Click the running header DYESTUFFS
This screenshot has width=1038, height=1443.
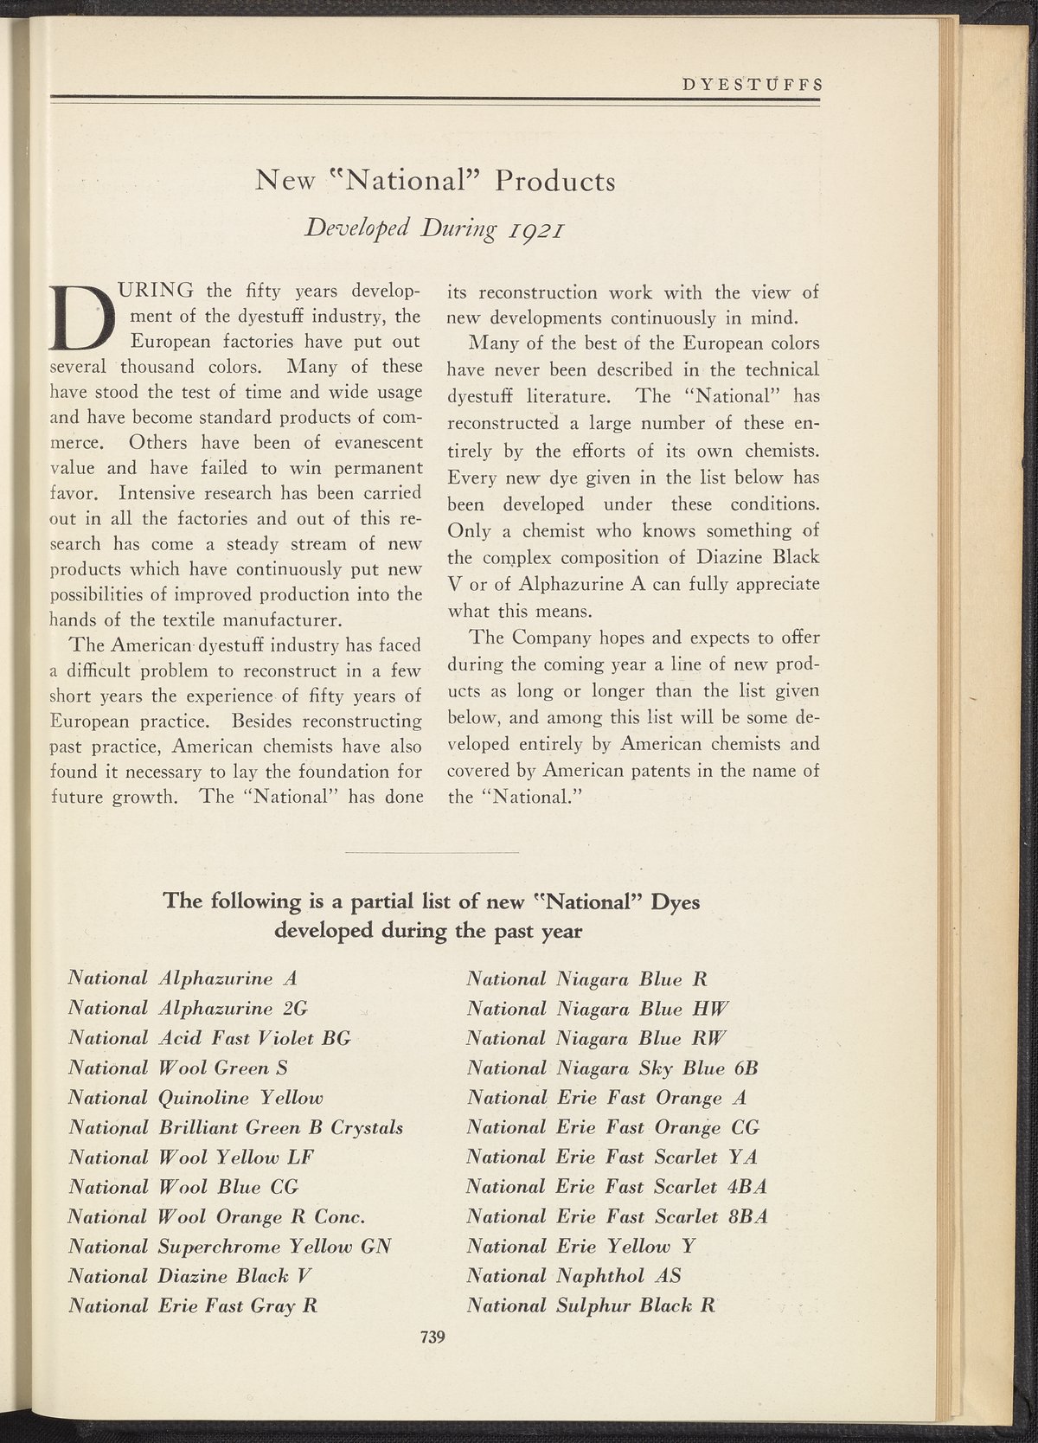pyautogui.click(x=751, y=85)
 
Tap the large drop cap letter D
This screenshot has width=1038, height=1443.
pyautogui.click(x=82, y=312)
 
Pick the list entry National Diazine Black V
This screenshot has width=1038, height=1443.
pyautogui.click(x=189, y=1276)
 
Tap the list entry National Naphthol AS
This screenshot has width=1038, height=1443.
pyautogui.click(x=573, y=1276)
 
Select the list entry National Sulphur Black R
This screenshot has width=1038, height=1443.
pyautogui.click(x=591, y=1305)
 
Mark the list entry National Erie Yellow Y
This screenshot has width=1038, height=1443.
pyautogui.click(x=581, y=1247)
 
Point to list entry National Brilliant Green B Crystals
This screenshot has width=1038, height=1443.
pyautogui.click(x=235, y=1127)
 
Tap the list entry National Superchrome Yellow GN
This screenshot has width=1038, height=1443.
pyautogui.click(x=230, y=1247)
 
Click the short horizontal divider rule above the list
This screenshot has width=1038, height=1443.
pyautogui.click(x=432, y=852)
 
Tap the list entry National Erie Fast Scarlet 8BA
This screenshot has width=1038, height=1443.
pyautogui.click(x=617, y=1216)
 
